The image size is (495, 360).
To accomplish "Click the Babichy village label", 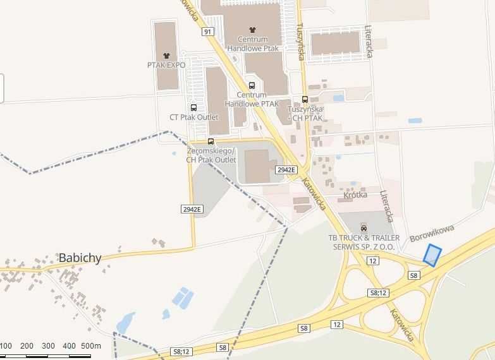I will click(80, 258).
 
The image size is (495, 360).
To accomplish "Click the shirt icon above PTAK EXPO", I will click(167, 55).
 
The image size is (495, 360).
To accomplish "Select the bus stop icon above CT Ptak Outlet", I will click(193, 107).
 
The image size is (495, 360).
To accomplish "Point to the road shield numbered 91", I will click(207, 31).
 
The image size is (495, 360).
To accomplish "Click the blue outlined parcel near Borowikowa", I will click(432, 255).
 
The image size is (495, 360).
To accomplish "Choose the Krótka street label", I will click(355, 195).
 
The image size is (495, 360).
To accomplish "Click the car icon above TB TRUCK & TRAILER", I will click(364, 227).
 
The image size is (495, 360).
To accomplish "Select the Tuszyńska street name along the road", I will click(302, 42).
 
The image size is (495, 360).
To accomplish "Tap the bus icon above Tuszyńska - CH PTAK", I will click(305, 99).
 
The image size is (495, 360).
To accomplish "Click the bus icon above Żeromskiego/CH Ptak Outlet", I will click(211, 141).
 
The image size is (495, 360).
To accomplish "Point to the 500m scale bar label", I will click(91, 346).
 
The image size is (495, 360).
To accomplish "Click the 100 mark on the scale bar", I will click(6, 346).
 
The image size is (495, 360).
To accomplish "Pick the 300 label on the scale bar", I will click(48, 346).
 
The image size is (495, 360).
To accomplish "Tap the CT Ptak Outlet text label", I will click(193, 117).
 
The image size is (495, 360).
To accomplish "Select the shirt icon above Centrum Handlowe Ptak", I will click(253, 29).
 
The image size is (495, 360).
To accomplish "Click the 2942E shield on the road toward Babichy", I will click(191, 209).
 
